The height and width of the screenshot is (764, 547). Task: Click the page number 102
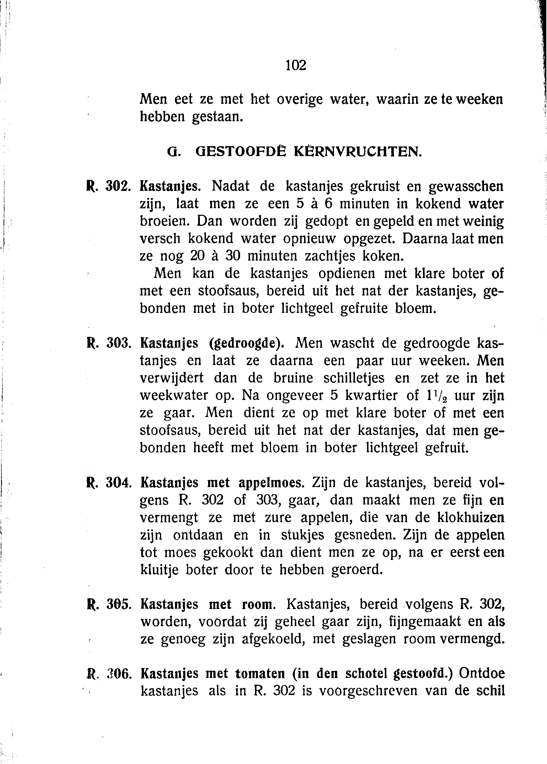point(296,65)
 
